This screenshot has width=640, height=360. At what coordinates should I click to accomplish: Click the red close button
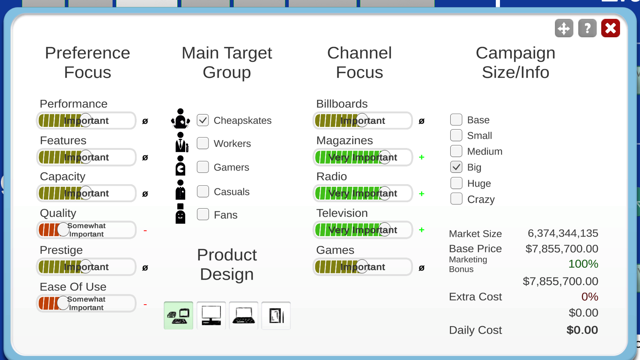pyautogui.click(x=610, y=28)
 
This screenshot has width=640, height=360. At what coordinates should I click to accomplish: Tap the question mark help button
pyautogui.click(x=587, y=28)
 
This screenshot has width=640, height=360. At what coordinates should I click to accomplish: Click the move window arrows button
pyautogui.click(x=564, y=28)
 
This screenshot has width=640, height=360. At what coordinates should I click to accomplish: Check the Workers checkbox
pyautogui.click(x=203, y=143)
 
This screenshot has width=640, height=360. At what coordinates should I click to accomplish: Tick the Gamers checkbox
pyautogui.click(x=203, y=167)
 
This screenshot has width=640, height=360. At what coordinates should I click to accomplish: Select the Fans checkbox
pyautogui.click(x=203, y=214)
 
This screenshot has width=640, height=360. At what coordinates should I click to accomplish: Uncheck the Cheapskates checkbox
pyautogui.click(x=203, y=120)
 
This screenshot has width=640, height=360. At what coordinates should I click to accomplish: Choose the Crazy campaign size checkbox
pyautogui.click(x=456, y=199)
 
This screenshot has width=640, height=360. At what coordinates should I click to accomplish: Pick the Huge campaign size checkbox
pyautogui.click(x=456, y=183)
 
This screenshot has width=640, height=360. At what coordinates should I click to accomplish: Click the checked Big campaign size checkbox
pyautogui.click(x=456, y=167)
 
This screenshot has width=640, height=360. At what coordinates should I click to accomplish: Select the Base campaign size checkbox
pyautogui.click(x=456, y=120)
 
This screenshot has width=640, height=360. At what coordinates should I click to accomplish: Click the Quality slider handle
pyautogui.click(x=63, y=229)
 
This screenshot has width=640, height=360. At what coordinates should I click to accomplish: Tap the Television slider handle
pyautogui.click(x=385, y=229)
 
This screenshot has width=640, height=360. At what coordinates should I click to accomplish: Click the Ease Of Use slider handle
pyautogui.click(x=63, y=303)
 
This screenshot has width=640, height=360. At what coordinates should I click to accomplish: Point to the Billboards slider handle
pyautogui.click(x=362, y=120)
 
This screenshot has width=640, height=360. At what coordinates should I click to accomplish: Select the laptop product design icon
pyautogui.click(x=244, y=316)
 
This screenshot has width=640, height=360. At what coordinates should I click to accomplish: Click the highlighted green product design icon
pyautogui.click(x=178, y=316)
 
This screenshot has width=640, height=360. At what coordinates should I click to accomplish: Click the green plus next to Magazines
pyautogui.click(x=421, y=157)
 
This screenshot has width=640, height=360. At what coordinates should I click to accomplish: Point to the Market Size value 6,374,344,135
pyautogui.click(x=563, y=233)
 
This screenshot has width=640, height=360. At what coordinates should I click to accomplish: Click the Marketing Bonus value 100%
pyautogui.click(x=583, y=264)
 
